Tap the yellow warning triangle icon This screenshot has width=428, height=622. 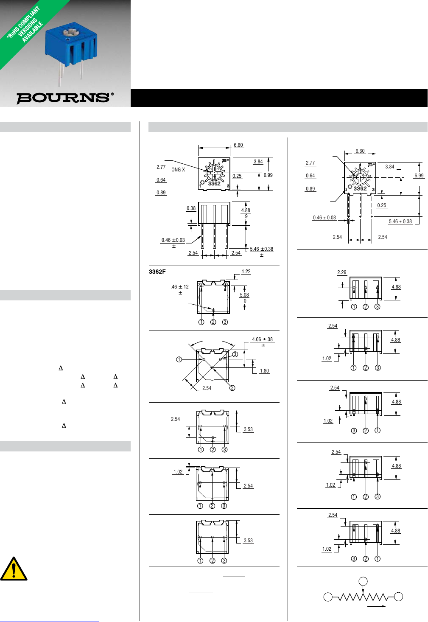(14, 569)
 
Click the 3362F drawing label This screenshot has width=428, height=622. (157, 272)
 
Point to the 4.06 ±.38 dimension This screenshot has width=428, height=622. (262, 339)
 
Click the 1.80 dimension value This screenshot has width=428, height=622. (264, 371)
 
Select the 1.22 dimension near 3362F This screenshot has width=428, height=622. (246, 272)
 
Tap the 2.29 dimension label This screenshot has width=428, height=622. (341, 272)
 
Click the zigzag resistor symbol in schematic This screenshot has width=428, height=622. (363, 597)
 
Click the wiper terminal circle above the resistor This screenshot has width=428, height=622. (363, 581)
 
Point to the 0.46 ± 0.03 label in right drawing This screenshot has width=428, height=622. (324, 218)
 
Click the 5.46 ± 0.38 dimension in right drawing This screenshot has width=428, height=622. (400, 221)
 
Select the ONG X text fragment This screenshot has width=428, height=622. (178, 170)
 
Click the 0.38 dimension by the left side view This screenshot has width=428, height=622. (191, 208)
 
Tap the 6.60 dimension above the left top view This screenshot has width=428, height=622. (238, 145)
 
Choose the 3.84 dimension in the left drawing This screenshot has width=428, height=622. (258, 162)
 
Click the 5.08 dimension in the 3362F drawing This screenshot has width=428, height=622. (244, 295)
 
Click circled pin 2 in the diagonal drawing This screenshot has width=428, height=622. (232, 388)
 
